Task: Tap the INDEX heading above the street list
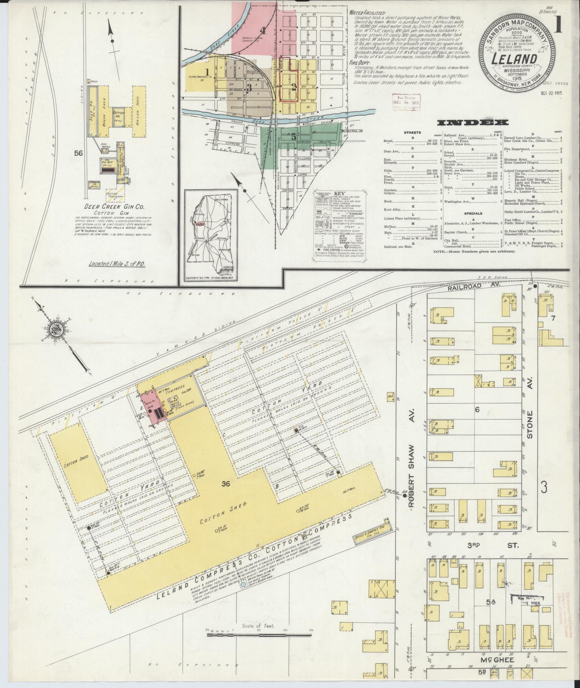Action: click(x=473, y=123)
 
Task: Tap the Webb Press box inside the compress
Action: click(x=175, y=403)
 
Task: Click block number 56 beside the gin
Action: click(x=78, y=153)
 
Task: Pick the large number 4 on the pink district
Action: click(x=263, y=30)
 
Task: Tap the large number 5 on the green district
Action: click(x=294, y=137)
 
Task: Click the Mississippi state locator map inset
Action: click(x=211, y=236)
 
